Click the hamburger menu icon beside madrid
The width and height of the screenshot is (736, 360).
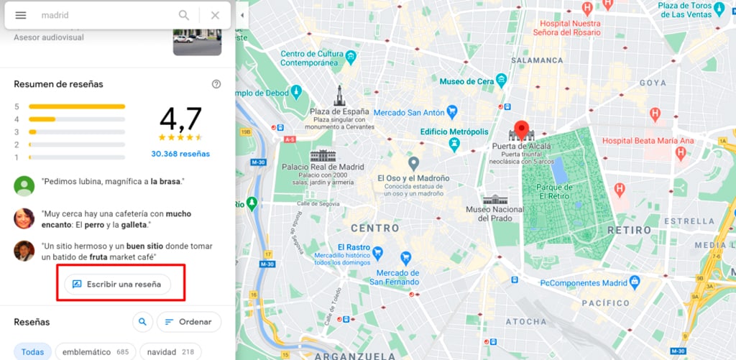pyautogui.click(x=21, y=15)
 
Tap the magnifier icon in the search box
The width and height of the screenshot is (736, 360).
pyautogui.click(x=185, y=15)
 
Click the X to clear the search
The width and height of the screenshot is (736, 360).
pyautogui.click(x=215, y=15)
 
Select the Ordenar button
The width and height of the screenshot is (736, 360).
pyautogui.click(x=188, y=322)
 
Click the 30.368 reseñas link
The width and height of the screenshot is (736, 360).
pyautogui.click(x=180, y=154)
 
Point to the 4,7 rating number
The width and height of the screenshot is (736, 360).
pyautogui.click(x=180, y=119)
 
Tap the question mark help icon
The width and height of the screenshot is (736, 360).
pyautogui.click(x=216, y=84)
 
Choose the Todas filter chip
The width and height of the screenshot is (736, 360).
pyautogui.click(x=32, y=352)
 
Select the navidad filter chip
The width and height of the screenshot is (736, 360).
pyautogui.click(x=170, y=352)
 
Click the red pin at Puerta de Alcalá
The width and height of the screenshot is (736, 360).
pyautogui.click(x=523, y=129)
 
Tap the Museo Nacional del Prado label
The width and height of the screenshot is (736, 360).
pyautogui.click(x=494, y=213)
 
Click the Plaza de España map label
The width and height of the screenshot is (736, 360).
pyautogui.click(x=339, y=112)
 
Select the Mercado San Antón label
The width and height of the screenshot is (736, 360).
pyautogui.click(x=409, y=112)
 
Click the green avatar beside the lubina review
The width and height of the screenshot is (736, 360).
pyautogui.click(x=24, y=185)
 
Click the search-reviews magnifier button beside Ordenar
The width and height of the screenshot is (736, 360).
pyautogui.click(x=143, y=322)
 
